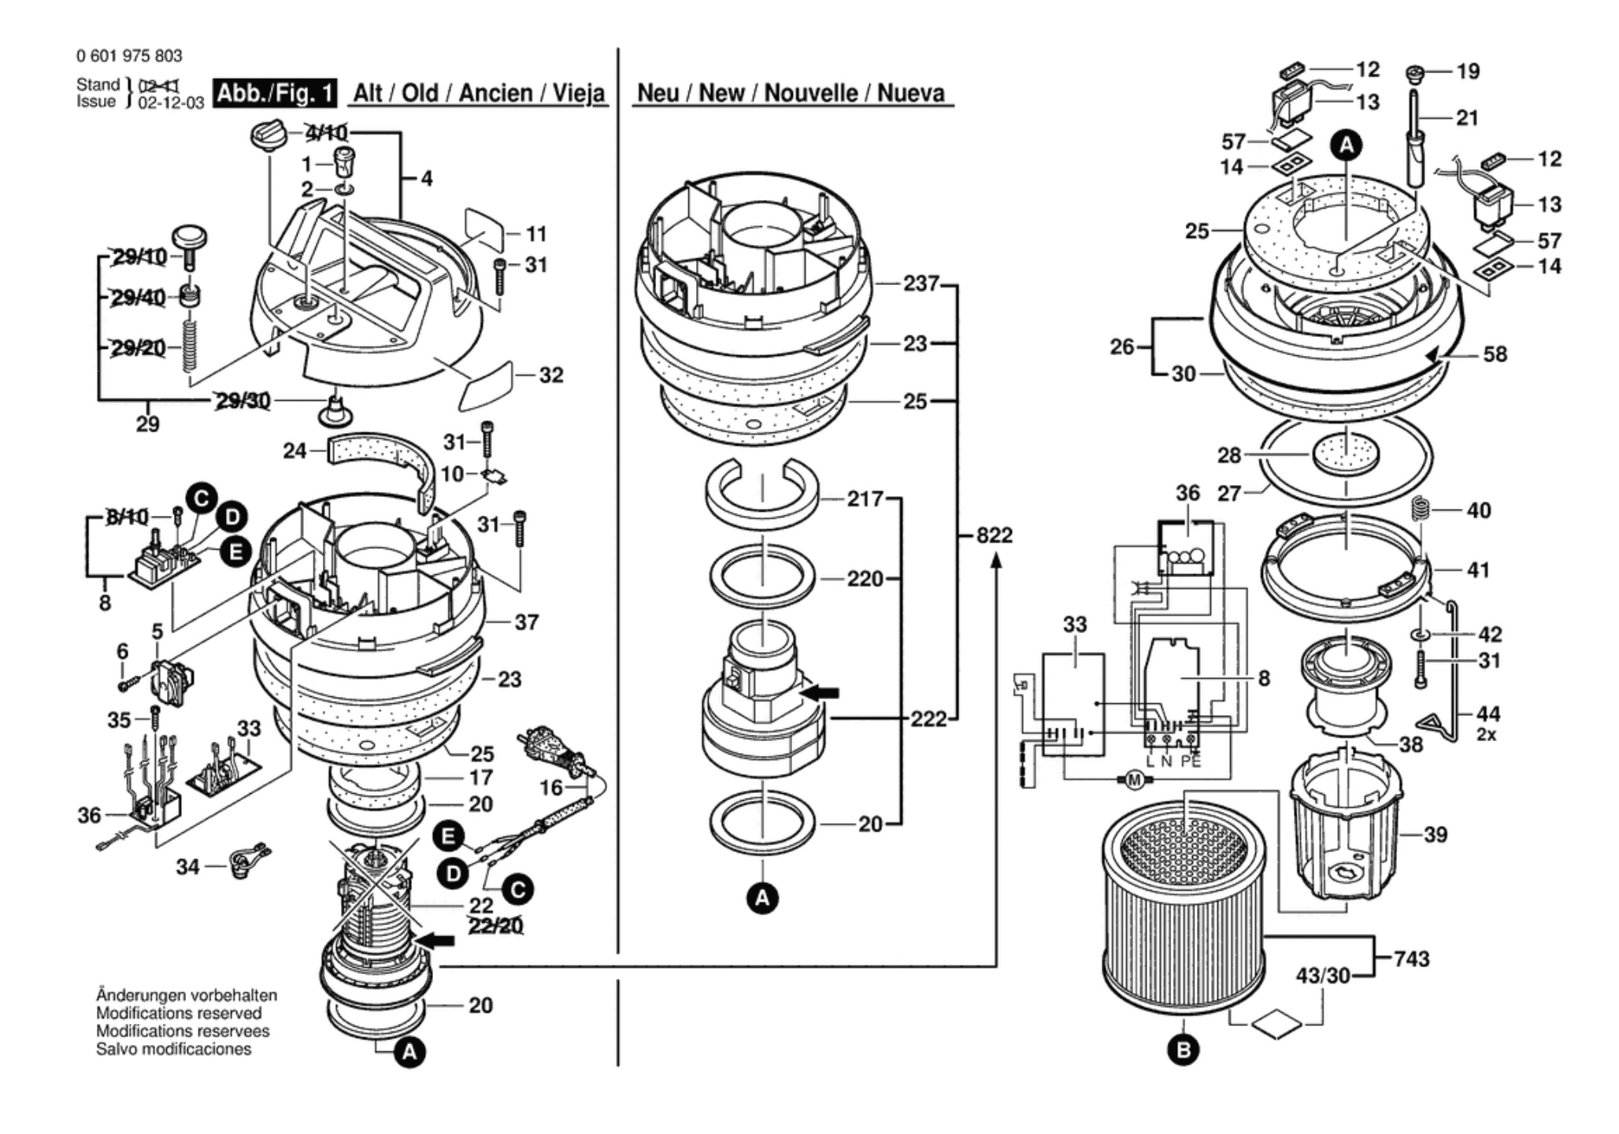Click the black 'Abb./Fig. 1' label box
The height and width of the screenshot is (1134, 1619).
(276, 93)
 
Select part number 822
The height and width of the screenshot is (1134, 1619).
(994, 535)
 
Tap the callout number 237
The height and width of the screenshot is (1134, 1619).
(921, 283)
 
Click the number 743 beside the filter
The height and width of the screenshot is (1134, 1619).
(1411, 958)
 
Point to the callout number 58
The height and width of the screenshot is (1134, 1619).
(1495, 354)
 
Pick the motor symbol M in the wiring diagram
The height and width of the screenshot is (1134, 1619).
(1135, 780)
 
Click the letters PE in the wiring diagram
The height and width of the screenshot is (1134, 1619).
(1191, 761)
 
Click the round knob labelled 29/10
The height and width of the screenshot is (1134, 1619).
(189, 236)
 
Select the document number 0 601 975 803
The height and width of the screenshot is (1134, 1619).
(129, 56)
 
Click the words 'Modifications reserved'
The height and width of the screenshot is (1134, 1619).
(179, 1014)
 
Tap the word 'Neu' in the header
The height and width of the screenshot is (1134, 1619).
(657, 93)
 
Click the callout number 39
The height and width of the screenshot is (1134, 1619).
(1436, 834)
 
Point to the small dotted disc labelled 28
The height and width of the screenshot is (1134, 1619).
(1346, 454)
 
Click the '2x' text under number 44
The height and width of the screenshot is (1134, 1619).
(1487, 734)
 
